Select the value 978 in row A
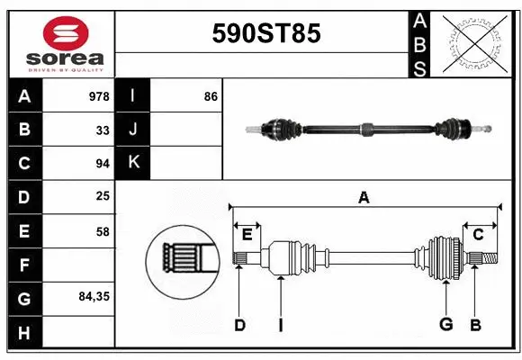99,95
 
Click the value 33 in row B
103,130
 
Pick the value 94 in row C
103,164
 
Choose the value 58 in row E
103,231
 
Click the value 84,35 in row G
94,295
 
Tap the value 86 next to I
211,95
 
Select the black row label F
24,265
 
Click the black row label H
24,333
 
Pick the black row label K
133,163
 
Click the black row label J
133,130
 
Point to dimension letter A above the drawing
364,197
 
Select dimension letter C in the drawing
479,235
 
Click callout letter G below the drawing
445,325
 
